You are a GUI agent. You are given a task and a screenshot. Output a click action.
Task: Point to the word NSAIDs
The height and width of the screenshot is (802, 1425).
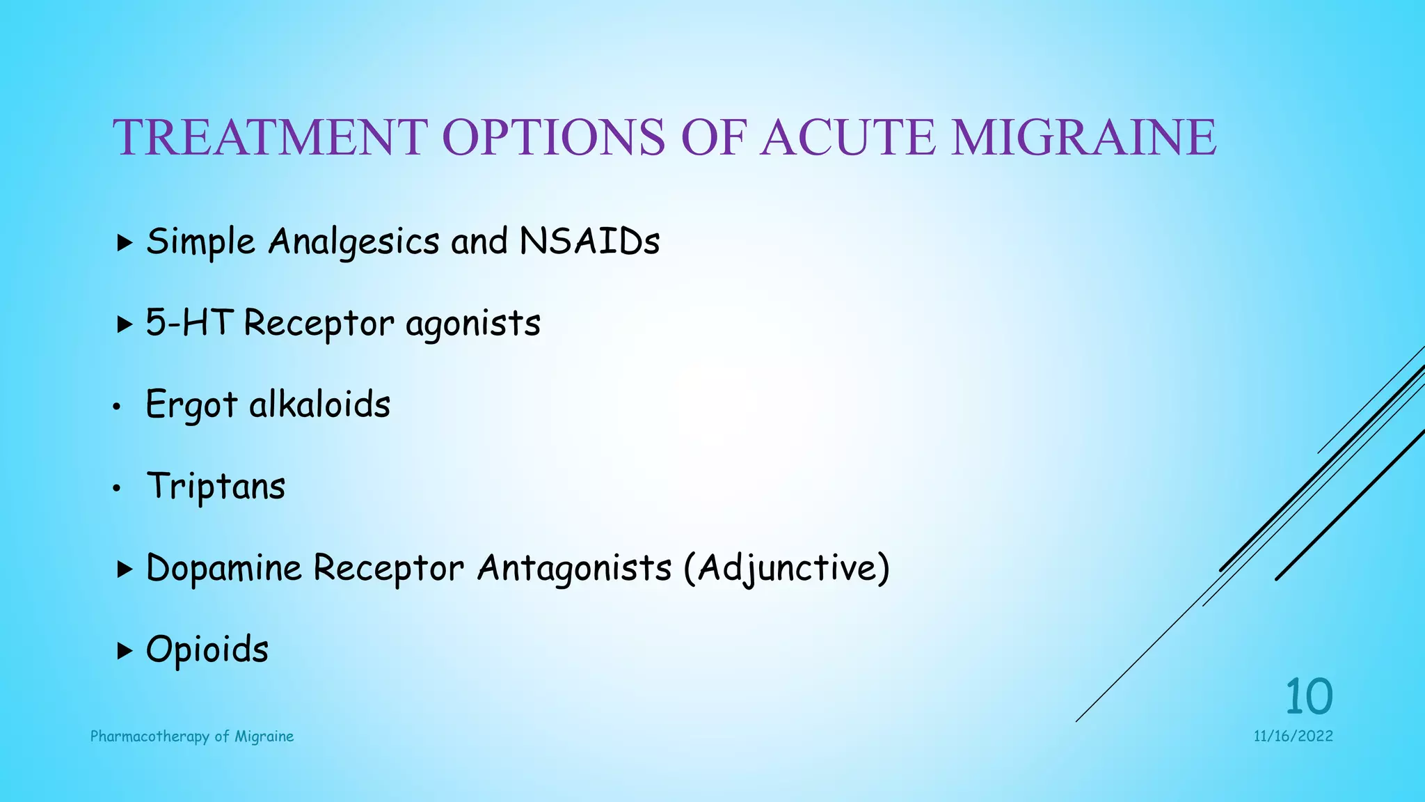coord(589,242)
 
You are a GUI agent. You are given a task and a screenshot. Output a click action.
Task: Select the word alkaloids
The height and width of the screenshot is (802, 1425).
coord(319,404)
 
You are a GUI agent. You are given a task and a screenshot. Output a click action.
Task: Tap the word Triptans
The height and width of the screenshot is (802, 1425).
coord(216,487)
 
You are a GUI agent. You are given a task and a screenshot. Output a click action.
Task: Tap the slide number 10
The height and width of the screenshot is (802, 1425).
coord(1308,696)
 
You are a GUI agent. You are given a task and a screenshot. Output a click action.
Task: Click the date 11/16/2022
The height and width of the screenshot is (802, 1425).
coord(1293,737)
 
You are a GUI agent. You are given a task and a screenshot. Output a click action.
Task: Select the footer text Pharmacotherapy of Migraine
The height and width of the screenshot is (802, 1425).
coord(192,737)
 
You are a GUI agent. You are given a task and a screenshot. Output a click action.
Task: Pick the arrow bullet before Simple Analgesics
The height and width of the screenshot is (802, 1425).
coord(125,243)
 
